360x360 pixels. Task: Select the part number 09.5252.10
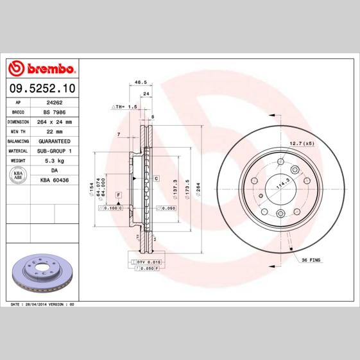[x=41, y=87]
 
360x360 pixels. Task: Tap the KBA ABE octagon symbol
[x=18, y=176]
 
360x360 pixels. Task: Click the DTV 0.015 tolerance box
[x=147, y=262]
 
